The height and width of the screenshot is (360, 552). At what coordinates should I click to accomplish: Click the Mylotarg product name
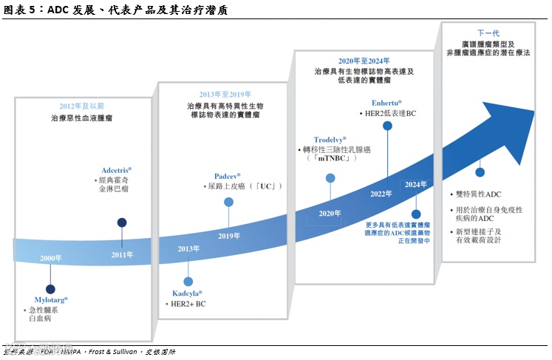tap(46, 299)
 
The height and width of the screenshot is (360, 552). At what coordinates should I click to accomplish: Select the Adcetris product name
tap(116, 170)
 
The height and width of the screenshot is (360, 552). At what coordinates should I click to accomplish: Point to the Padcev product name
tap(225, 176)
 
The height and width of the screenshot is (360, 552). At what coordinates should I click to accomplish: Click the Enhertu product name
tap(387, 102)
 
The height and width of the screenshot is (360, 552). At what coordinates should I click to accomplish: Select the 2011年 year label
tap(122, 254)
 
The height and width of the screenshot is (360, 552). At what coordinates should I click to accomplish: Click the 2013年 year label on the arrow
tap(188, 249)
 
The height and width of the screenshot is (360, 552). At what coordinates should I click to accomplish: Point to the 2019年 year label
tap(229, 236)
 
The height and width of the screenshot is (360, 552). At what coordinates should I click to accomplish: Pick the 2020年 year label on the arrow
tap(330, 213)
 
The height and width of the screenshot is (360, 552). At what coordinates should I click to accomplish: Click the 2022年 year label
tap(381, 194)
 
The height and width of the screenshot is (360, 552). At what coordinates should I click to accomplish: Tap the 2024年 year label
tap(416, 184)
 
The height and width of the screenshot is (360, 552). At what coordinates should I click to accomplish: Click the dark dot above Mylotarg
tap(50, 289)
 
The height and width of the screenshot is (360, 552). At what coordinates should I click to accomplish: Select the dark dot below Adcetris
tap(122, 223)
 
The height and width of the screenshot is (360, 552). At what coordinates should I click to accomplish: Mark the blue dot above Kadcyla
tap(188, 282)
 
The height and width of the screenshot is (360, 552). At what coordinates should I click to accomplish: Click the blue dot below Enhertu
tap(387, 126)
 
